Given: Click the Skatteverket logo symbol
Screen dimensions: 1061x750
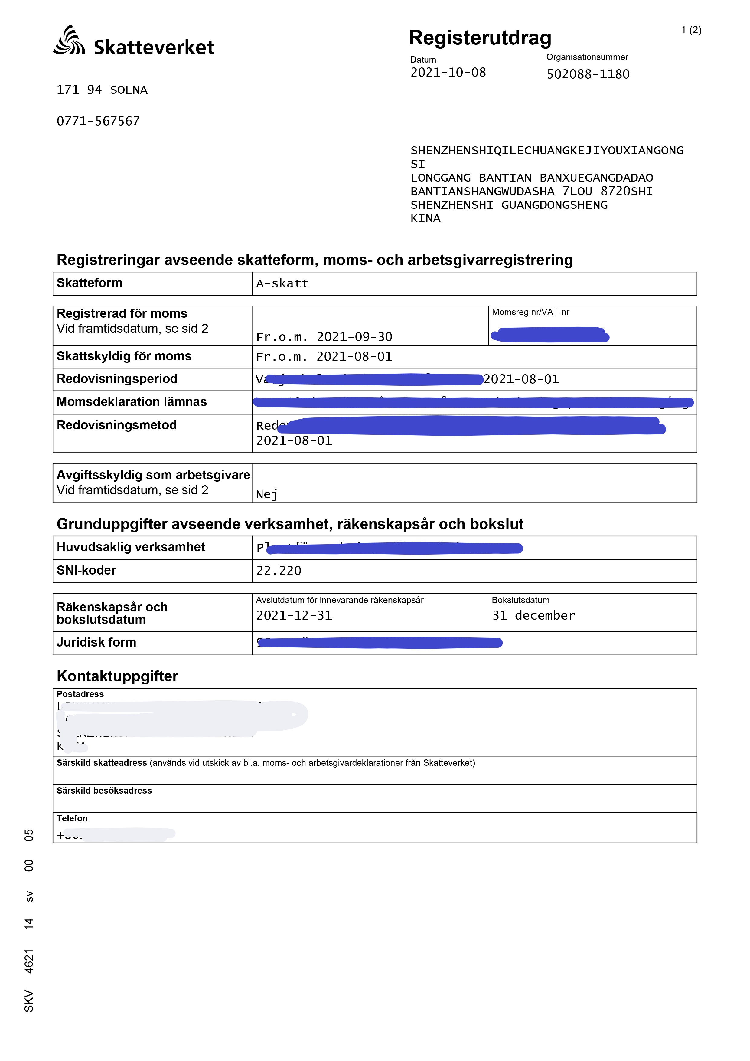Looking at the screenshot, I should [x=69, y=41].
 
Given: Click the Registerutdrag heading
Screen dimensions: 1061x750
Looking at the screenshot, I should [x=480, y=38].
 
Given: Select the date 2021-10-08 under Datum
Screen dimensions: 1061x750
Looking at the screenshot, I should [x=448, y=73].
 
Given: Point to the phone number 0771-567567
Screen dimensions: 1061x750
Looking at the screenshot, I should [x=98, y=121].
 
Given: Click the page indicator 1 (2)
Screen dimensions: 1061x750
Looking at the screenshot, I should [x=691, y=30].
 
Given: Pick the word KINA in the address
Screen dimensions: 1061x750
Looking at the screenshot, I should [x=425, y=218].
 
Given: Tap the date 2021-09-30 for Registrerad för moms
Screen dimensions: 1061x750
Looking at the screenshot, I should [x=354, y=337].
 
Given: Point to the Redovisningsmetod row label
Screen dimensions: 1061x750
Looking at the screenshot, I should [x=116, y=425].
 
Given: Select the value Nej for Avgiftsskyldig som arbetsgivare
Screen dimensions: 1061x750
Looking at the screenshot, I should [x=267, y=494].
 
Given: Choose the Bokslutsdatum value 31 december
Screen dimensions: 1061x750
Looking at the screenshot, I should [x=533, y=616].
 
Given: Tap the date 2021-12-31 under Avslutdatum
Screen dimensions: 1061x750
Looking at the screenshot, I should [x=294, y=616].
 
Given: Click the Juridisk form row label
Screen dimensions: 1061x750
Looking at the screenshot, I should [x=96, y=642].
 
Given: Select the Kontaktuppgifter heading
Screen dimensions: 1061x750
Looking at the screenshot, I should [x=117, y=676].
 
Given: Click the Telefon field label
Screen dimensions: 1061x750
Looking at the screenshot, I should [x=72, y=818].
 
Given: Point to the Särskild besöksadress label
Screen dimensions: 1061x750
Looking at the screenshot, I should [x=104, y=791].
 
